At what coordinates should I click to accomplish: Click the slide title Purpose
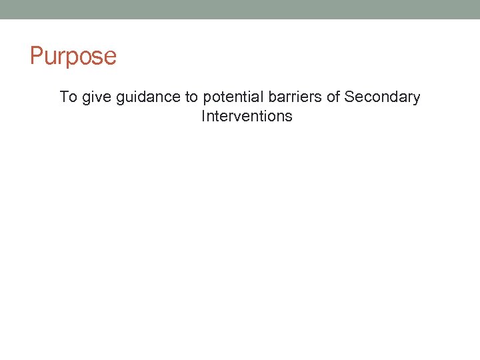click(73, 56)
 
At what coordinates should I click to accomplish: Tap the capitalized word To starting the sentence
click(69, 97)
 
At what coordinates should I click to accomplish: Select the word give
click(97, 97)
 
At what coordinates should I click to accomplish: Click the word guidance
click(148, 97)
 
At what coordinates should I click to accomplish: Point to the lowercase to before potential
click(191, 97)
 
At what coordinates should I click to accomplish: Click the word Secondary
click(382, 97)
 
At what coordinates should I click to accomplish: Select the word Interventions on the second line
click(247, 116)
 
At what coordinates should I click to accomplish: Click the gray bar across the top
click(240, 9)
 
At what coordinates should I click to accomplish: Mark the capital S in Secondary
click(349, 97)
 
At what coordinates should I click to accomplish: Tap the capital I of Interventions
click(203, 116)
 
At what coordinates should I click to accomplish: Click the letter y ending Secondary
click(417, 99)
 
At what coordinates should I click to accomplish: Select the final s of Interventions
click(289, 117)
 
